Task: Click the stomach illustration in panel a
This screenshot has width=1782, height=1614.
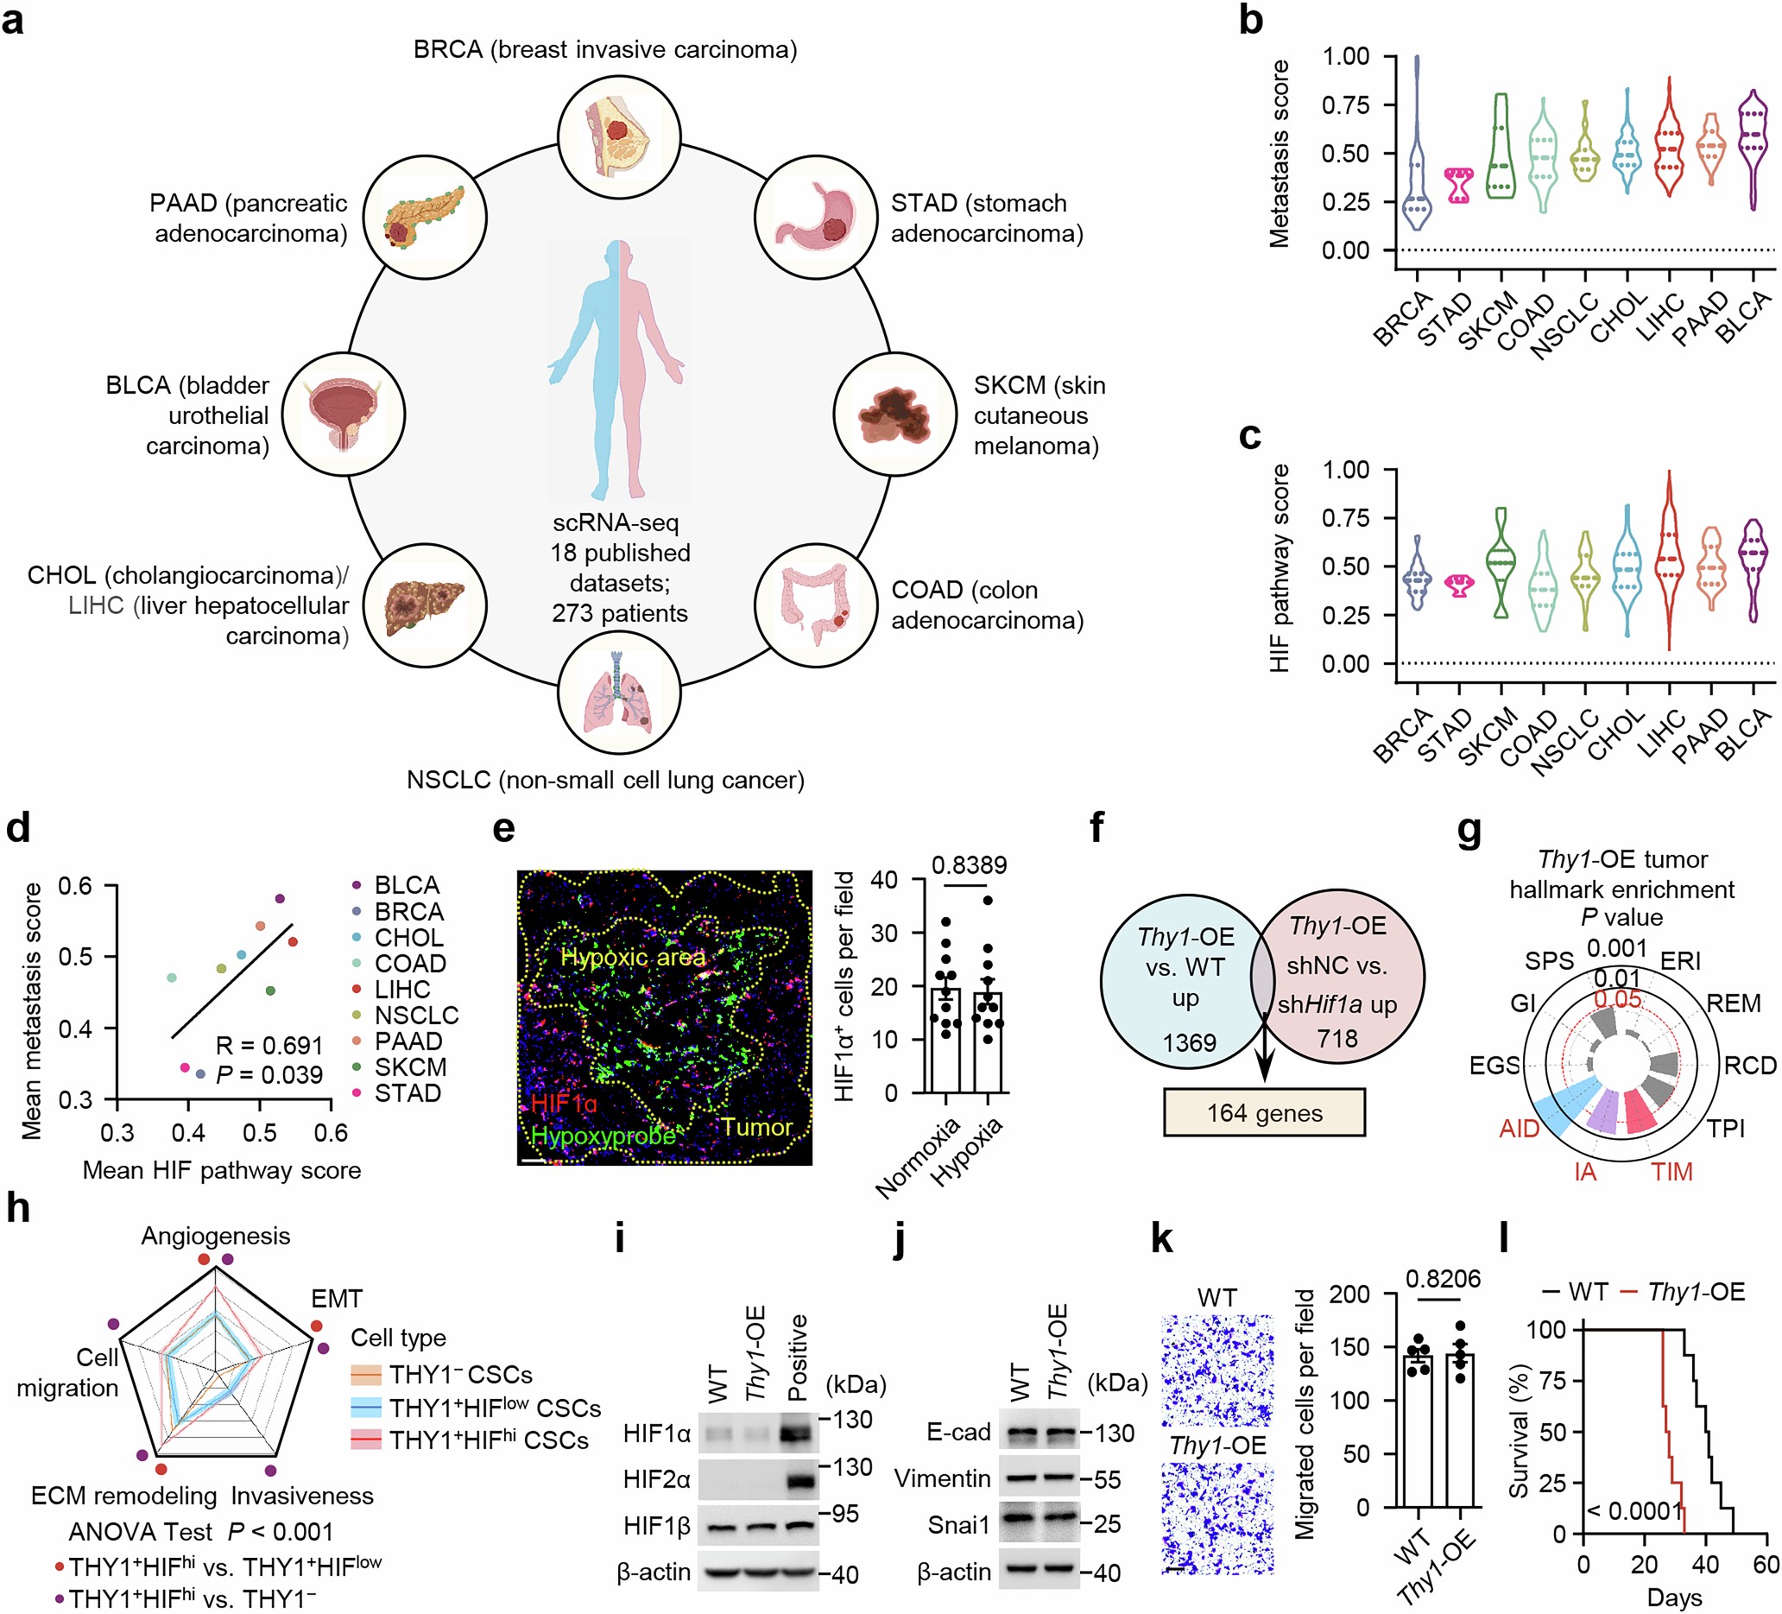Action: [x=815, y=218]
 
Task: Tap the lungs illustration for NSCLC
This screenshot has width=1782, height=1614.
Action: [x=619, y=692]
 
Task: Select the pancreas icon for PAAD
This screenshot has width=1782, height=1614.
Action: [x=424, y=218]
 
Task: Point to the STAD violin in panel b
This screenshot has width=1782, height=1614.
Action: [x=1458, y=186]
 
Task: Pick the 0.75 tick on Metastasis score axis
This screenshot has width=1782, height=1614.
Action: [x=1344, y=105]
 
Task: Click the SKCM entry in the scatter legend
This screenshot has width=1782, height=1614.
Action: [x=410, y=1067]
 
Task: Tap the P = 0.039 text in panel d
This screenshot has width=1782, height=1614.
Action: [x=269, y=1075]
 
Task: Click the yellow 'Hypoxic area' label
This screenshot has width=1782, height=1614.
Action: [x=633, y=958]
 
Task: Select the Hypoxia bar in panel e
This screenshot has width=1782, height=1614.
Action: [x=988, y=1043]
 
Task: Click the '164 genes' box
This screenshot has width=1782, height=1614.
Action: [x=1264, y=1113]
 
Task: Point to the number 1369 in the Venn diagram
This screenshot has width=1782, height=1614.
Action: [x=1189, y=1043]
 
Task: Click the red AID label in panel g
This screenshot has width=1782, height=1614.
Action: [x=1519, y=1129]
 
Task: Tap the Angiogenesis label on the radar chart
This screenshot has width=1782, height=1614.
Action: [x=216, y=1236]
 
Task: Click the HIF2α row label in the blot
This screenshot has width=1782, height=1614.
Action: [x=656, y=1478]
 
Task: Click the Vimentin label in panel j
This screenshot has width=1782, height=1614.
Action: [x=941, y=1478]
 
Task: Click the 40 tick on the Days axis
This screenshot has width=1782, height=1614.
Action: [x=1705, y=1566]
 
